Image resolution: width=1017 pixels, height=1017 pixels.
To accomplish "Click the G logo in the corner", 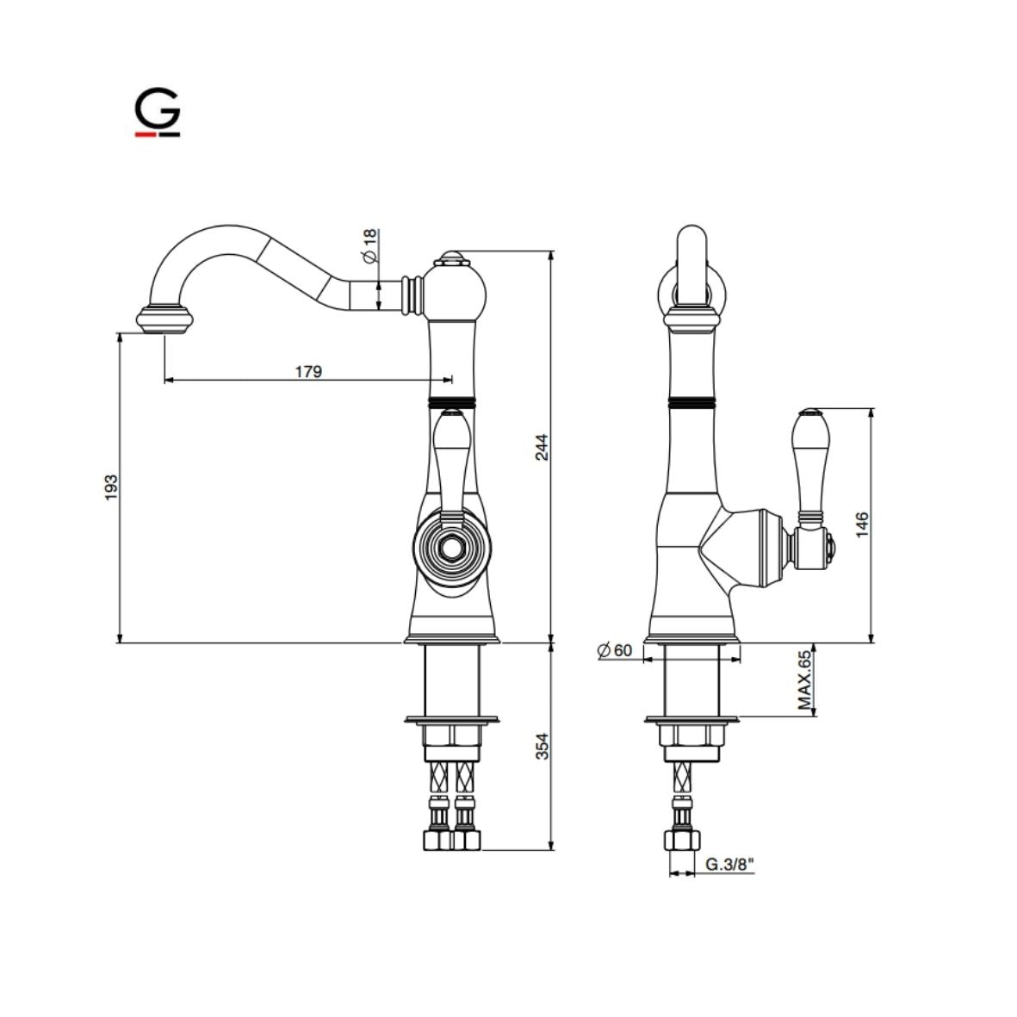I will pos(157,111).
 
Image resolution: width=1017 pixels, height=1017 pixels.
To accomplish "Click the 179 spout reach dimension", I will pos(308,371).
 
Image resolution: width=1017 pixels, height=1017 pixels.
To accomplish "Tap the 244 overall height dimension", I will pos(541,447).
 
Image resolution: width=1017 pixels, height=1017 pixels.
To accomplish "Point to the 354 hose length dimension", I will pos(541,746).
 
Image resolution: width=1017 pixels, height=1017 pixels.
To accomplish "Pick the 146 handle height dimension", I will pos(863,524).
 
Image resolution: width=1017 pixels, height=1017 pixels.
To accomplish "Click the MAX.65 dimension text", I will pos(804,680).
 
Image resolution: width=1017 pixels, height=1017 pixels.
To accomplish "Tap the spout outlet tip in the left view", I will pos(164,319).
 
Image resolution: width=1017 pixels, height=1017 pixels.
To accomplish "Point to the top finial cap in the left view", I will pos(451,257).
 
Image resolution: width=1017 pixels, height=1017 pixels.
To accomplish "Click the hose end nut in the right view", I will pos(683,840).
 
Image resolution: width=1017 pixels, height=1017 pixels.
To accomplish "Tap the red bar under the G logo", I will pos(144,134).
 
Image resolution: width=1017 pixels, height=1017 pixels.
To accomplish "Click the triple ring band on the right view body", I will pos(691,402).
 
